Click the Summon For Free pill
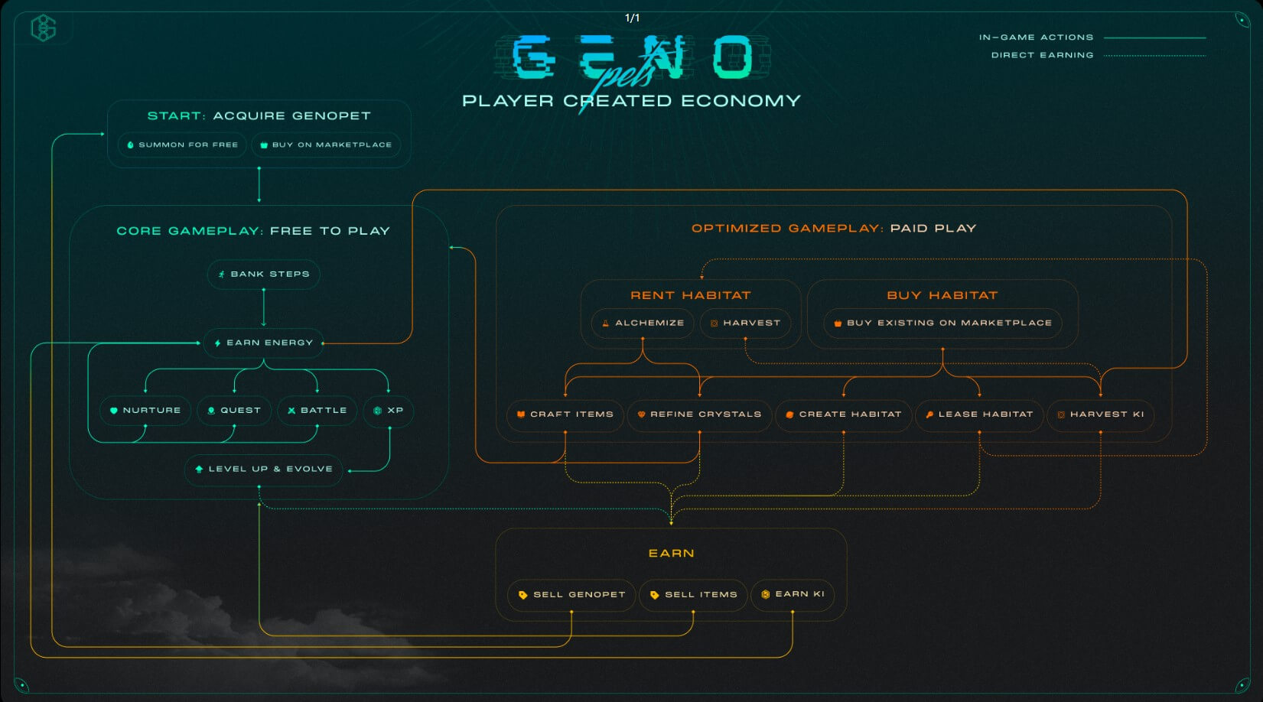pyautogui.click(x=182, y=145)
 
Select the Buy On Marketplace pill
pyautogui.click(x=326, y=145)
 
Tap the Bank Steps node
pyautogui.click(x=264, y=274)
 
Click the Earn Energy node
pyautogui.click(x=264, y=343)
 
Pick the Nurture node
pyautogui.click(x=145, y=411)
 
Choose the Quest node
pyautogui.click(x=234, y=411)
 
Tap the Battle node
pyautogui.click(x=317, y=411)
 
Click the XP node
pyautogui.click(x=389, y=411)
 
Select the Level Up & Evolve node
pyautogui.click(x=264, y=469)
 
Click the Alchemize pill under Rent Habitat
pyautogui.click(x=643, y=323)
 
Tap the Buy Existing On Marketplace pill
pyautogui.click(x=942, y=323)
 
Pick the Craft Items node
pyautogui.click(x=565, y=414)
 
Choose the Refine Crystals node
pyautogui.click(x=699, y=414)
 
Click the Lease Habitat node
pyautogui.click(x=979, y=414)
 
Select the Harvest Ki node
pyautogui.click(x=1101, y=414)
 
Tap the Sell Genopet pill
pyautogui.click(x=571, y=595)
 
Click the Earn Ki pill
pyautogui.click(x=793, y=594)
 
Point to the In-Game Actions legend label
pyautogui.click(x=1037, y=37)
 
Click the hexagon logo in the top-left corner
pyautogui.click(x=44, y=28)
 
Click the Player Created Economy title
pyautogui.click(x=632, y=101)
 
